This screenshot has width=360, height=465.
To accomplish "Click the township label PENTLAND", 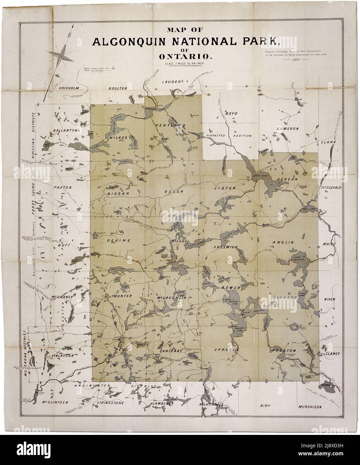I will tap(170, 125).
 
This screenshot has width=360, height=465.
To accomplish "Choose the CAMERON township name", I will tap(287, 128).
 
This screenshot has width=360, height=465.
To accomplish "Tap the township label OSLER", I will tap(174, 191).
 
